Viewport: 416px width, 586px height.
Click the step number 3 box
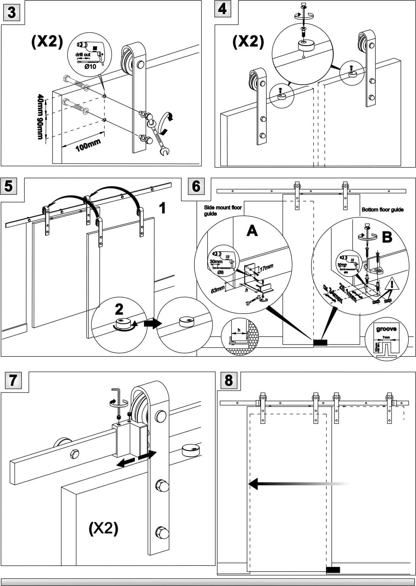pyautogui.click(x=12, y=13)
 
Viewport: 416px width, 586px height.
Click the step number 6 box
pyautogui.click(x=196, y=187)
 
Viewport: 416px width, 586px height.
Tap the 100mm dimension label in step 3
pyautogui.click(x=88, y=145)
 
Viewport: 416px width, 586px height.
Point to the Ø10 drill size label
pyautogui.click(x=90, y=66)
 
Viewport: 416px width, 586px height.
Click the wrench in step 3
pyautogui.click(x=160, y=138)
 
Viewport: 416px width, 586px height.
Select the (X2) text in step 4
pyautogui.click(x=248, y=41)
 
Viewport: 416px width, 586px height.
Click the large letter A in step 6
pyautogui.click(x=252, y=230)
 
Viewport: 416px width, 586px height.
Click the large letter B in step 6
pyautogui.click(x=387, y=237)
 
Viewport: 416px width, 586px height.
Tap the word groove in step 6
pyautogui.click(x=386, y=329)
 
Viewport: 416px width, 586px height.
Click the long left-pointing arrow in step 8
pyautogui.click(x=297, y=484)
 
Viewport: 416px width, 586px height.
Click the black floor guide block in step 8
pyautogui.click(x=333, y=570)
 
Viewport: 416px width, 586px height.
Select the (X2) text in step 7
pyautogui.click(x=103, y=528)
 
